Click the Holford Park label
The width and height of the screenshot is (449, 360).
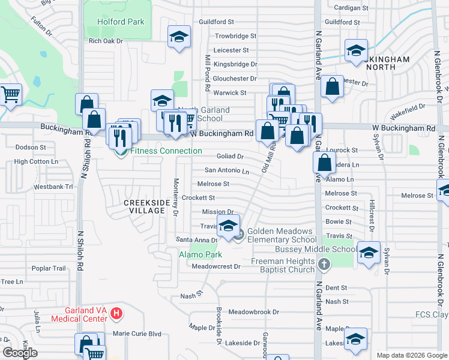click(x=121, y=22)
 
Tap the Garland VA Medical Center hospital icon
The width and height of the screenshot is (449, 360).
click(x=116, y=313)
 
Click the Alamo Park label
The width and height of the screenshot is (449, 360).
click(x=200, y=255)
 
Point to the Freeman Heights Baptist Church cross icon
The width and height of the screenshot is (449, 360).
click(x=324, y=264)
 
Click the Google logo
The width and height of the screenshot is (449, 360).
click(x=20, y=353)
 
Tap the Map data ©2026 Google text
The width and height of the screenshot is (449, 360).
click(x=412, y=355)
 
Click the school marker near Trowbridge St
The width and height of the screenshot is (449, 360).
click(x=179, y=37)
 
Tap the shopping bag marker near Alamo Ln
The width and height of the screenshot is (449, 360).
click(x=325, y=162)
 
